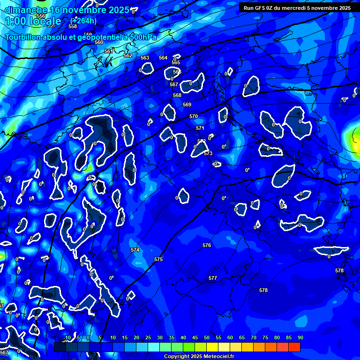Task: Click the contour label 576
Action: click(207, 245)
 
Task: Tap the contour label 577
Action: click(213, 278)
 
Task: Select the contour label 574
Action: click(135, 250)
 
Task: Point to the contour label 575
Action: click(158, 259)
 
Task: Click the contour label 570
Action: click(194, 116)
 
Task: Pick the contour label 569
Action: click(187, 105)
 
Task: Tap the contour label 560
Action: click(99, 42)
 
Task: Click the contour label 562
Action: click(128, 55)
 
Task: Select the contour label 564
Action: click(163, 58)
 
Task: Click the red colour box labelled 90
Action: click(294, 347)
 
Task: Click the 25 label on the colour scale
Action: click(148, 337)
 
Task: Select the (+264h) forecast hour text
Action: click(83, 21)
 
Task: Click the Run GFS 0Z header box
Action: click(297, 7)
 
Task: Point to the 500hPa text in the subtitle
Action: click(143, 37)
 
